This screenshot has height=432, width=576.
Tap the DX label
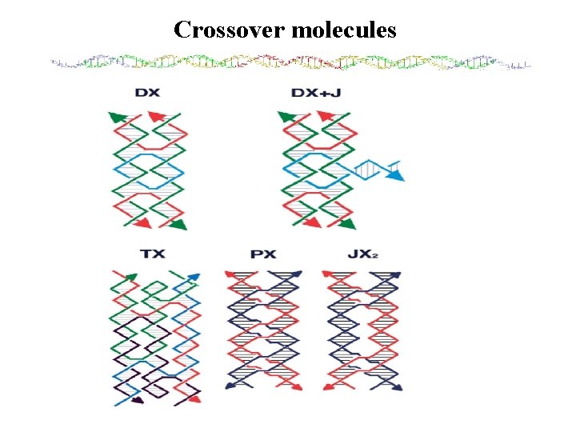[x=147, y=93]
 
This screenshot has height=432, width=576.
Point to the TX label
[x=153, y=254]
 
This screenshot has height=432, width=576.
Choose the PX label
[x=263, y=254]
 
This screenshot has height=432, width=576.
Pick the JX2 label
[x=362, y=254]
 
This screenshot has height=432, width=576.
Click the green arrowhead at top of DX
[x=116, y=118]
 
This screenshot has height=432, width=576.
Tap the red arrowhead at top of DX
[x=154, y=117]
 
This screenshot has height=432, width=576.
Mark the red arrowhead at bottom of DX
[x=144, y=223]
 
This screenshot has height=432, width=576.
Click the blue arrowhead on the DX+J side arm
[x=397, y=170]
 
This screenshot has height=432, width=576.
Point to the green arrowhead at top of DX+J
[x=286, y=118]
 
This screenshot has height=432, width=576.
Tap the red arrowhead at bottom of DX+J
[x=313, y=223]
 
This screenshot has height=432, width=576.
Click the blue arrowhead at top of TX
[x=194, y=278]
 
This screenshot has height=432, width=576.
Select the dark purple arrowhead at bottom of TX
[x=138, y=399]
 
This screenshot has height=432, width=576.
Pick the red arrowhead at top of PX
[x=230, y=274]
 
